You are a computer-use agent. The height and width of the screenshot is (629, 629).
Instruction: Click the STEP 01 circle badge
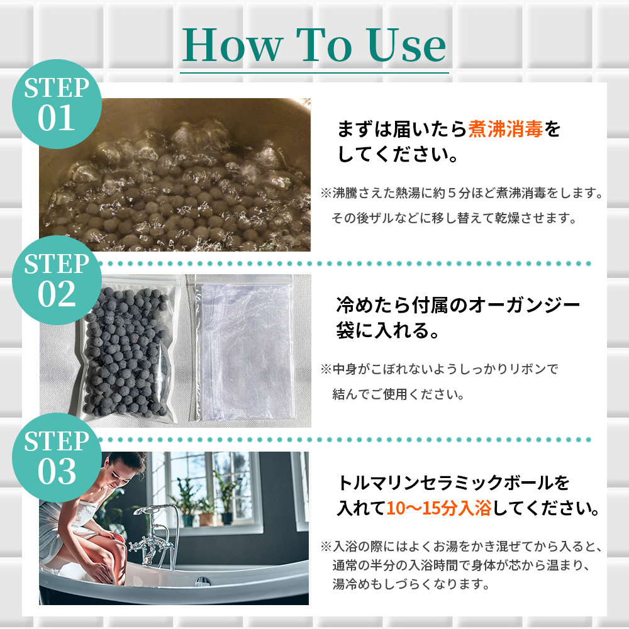click(57, 104)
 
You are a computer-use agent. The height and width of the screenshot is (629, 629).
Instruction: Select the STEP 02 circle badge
click(57, 280)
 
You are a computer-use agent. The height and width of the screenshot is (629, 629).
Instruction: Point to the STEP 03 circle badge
click(57, 457)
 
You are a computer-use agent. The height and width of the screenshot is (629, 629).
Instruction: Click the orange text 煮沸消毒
click(506, 129)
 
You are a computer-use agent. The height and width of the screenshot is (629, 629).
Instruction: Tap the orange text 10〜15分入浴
click(439, 508)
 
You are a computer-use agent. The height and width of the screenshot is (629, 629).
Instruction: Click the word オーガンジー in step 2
click(524, 305)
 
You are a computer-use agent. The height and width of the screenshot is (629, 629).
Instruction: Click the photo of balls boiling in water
click(175, 174)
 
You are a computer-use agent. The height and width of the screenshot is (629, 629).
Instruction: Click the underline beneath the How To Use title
click(314, 73)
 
